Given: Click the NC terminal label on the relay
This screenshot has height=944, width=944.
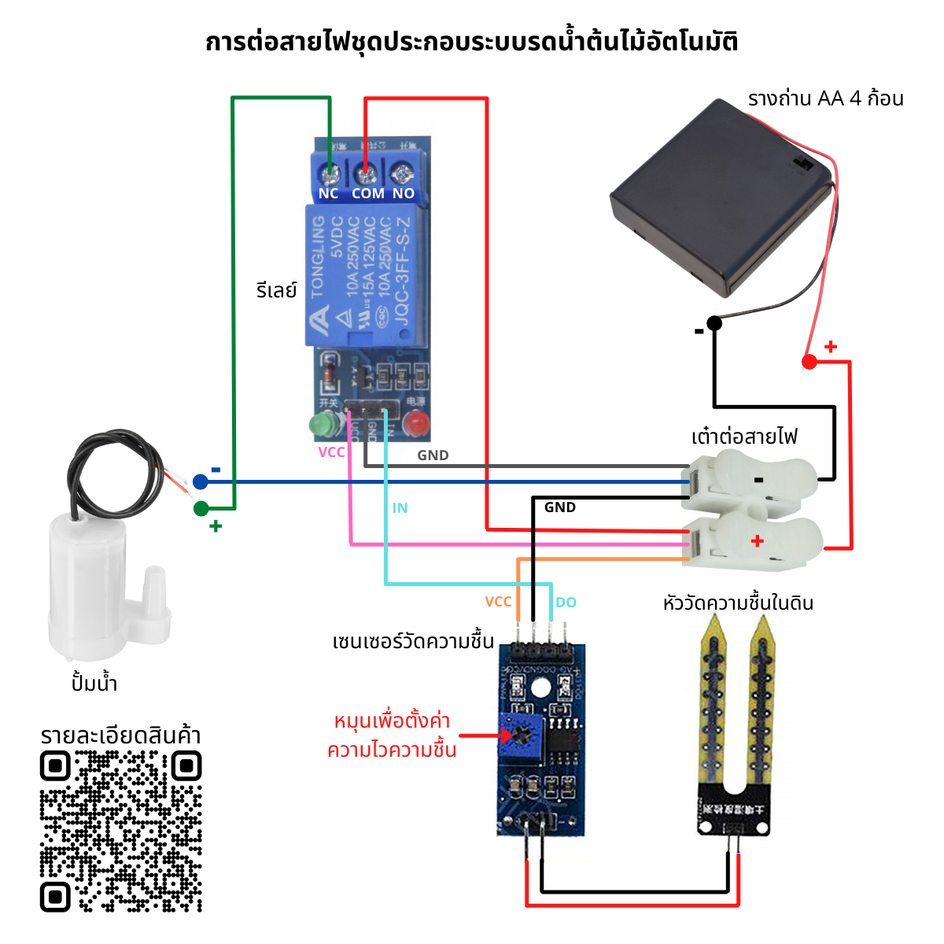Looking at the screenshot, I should (x=328, y=194).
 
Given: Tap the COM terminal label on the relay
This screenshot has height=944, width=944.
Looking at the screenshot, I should (x=368, y=194).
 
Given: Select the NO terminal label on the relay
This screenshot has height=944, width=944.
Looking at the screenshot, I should (x=404, y=194).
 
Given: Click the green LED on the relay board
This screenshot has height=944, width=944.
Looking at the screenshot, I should (x=321, y=425).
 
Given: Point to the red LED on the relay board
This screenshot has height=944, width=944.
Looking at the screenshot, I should (x=415, y=426).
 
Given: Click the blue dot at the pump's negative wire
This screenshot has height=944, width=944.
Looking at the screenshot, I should (x=201, y=482).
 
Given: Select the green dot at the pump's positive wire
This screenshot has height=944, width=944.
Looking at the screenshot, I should (x=201, y=509).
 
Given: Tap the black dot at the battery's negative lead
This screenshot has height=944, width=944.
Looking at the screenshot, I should (x=714, y=323).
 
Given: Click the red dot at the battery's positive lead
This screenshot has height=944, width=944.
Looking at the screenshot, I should (x=809, y=362).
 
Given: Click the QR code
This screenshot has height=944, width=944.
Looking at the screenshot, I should (x=121, y=832).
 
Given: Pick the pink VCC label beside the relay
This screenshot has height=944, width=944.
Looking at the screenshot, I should (x=331, y=452).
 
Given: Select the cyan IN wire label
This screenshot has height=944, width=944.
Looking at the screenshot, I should (x=400, y=508).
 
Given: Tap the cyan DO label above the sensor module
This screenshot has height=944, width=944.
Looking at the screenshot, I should (x=566, y=603).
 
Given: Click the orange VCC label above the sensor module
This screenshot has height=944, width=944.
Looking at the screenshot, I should (x=498, y=602).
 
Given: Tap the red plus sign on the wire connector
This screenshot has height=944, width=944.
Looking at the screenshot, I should (x=758, y=541).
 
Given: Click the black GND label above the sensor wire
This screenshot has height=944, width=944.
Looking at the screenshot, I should (x=560, y=507).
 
